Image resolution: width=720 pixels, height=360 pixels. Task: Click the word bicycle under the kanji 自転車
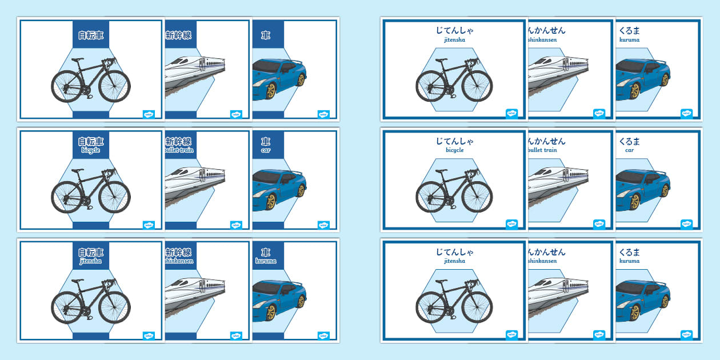coord(91,150)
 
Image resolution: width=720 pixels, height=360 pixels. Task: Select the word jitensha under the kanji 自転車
coord(91,261)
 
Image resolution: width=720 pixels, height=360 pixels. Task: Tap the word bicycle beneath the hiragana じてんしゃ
coord(455,150)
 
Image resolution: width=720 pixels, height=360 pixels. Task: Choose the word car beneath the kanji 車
coord(266,150)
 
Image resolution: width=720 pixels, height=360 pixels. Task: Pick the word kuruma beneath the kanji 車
coord(266,261)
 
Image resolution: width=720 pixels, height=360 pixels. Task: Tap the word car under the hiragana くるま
coord(629,150)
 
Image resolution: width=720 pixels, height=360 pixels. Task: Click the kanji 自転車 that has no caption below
coord(91,35)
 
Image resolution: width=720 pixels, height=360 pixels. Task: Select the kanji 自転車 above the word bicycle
coord(91,141)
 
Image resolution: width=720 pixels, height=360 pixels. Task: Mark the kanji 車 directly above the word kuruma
coord(266,252)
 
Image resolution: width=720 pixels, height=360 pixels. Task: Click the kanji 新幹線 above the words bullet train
coord(178,141)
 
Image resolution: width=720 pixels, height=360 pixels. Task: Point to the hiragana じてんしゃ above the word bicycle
coord(455,141)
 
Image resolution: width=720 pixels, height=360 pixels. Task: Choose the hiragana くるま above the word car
coord(629,141)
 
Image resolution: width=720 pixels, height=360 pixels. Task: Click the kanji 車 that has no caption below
coord(266,35)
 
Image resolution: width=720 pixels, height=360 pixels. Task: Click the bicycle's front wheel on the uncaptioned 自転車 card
coord(114,86)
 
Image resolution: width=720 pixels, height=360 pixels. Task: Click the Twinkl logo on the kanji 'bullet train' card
coord(236,225)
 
